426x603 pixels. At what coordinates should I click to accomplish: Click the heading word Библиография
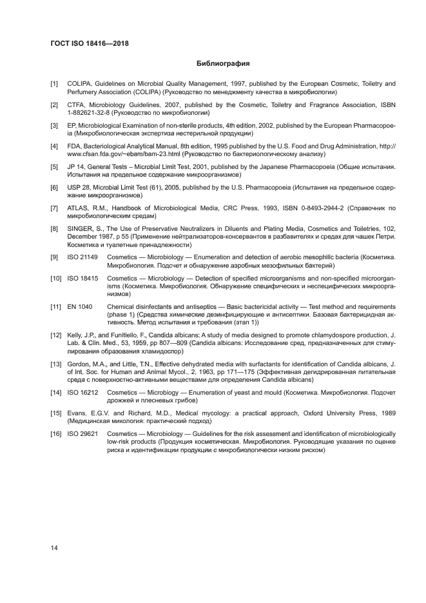[x=222, y=64]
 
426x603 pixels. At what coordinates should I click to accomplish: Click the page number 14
[x=55, y=548]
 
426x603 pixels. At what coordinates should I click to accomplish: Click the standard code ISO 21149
[x=82, y=257]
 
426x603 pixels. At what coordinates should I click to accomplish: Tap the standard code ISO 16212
[x=82, y=392]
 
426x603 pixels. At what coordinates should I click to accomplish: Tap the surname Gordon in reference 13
[x=79, y=364]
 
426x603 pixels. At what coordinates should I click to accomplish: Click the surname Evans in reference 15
[x=77, y=413]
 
